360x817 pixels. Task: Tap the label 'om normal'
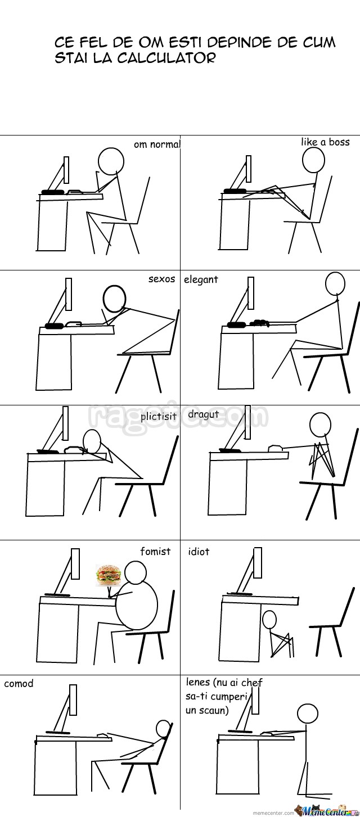(x=157, y=145)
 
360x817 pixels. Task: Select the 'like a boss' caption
(x=325, y=142)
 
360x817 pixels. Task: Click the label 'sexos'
(x=161, y=279)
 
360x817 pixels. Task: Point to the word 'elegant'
(x=201, y=280)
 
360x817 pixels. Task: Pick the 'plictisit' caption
(x=159, y=416)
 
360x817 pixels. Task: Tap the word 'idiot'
(x=199, y=551)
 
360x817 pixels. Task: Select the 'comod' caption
(x=19, y=683)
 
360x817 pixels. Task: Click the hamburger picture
(x=109, y=575)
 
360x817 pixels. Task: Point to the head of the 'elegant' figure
(x=335, y=283)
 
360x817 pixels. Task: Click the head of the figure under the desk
(x=269, y=619)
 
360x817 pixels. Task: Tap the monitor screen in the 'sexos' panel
(x=69, y=294)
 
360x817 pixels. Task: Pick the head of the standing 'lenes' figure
(x=308, y=714)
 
